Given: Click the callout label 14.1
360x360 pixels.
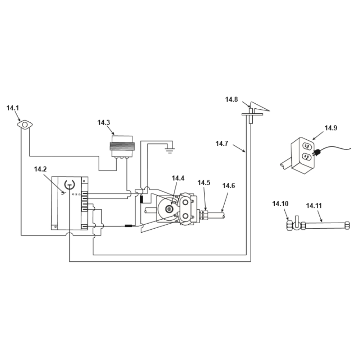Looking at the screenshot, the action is click(13, 108).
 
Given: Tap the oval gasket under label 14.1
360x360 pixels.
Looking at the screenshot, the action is click(25, 125).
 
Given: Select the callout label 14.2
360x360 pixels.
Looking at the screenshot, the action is click(40, 169).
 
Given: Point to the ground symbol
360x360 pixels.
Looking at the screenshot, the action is click(170, 150).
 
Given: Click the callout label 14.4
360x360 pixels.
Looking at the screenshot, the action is click(178, 178).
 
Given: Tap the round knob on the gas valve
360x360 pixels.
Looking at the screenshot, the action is click(169, 209).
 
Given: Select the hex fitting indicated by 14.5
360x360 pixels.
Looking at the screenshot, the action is click(204, 215).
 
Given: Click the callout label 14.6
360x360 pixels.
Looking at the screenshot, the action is click(229, 186).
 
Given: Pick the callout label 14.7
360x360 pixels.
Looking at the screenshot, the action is click(222, 144).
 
